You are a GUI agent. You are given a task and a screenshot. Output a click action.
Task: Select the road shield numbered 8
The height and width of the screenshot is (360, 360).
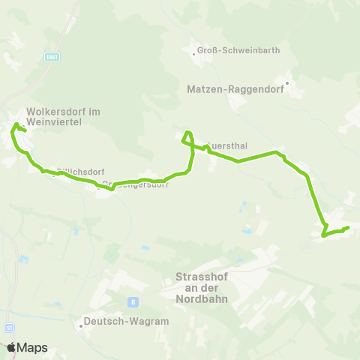[x=133, y=302]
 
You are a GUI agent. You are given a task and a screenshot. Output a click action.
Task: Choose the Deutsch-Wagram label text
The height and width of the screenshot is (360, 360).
[x=127, y=321]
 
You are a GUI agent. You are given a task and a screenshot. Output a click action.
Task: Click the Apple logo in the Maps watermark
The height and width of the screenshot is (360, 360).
[x=11, y=348]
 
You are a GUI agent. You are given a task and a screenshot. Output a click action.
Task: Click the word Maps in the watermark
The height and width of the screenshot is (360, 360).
[x=34, y=348]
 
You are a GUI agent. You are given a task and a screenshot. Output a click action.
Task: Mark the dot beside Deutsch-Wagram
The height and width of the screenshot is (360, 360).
[x=79, y=326]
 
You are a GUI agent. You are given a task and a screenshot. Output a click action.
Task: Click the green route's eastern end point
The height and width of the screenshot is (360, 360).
[x=349, y=227]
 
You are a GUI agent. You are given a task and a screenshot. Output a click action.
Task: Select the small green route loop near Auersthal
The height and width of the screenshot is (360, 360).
[x=187, y=137]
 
